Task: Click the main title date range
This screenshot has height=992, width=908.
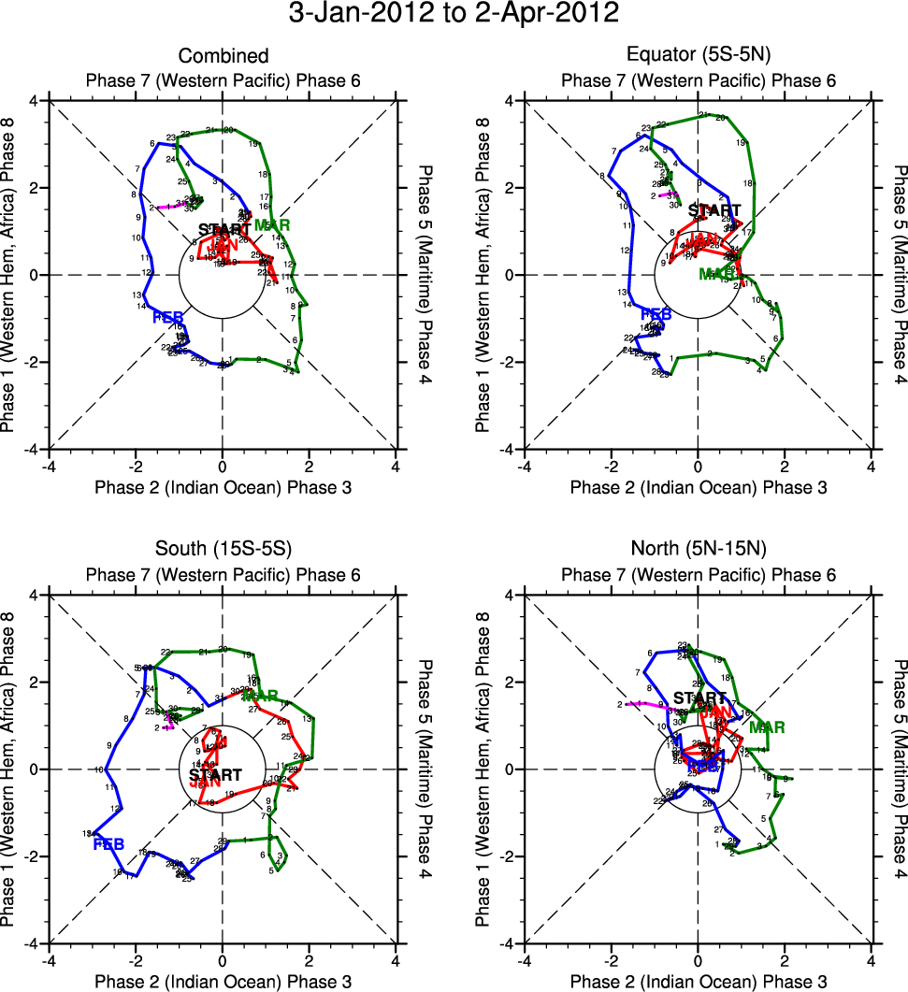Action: click(454, 13)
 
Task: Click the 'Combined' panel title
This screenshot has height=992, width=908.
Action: click(223, 56)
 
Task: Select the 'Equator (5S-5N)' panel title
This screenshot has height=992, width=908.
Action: click(698, 56)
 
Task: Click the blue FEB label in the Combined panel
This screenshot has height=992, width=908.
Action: click(168, 318)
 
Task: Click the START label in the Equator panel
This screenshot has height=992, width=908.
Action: click(714, 211)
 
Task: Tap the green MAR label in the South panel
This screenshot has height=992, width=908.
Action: click(260, 696)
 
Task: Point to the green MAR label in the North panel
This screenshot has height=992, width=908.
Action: click(766, 727)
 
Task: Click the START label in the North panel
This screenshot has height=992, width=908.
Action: click(699, 697)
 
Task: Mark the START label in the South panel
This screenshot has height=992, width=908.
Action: click(215, 775)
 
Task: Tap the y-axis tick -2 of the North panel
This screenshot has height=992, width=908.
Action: click(506, 856)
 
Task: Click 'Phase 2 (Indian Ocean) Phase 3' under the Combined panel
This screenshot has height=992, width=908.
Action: click(223, 487)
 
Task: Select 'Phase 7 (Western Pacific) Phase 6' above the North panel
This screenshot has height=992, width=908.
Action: click(698, 575)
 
